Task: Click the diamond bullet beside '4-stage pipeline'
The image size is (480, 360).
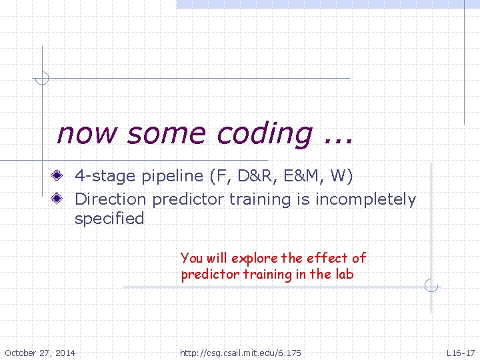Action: click(60, 177)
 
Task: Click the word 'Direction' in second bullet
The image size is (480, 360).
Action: click(110, 199)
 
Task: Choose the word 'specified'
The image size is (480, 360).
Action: click(109, 219)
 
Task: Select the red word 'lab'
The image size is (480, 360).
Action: click(345, 275)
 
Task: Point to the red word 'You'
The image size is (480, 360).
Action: click(191, 258)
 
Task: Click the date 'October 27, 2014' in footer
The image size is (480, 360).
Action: click(40, 352)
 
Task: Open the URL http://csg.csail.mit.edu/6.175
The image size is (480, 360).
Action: click(241, 352)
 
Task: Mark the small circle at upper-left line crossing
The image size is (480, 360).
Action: click(42, 78)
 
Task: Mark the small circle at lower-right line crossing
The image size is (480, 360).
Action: click(431, 287)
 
